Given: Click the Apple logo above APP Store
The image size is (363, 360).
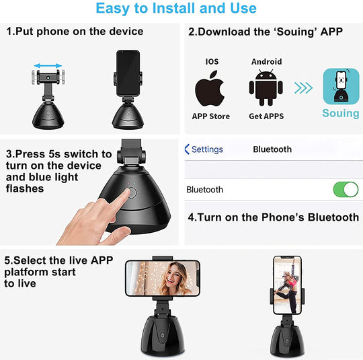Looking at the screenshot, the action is coord(210,88).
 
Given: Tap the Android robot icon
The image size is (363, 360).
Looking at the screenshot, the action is coord(266,87).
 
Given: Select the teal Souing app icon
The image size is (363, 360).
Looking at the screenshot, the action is coord(341,86).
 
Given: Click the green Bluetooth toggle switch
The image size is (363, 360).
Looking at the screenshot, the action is coord(346,189).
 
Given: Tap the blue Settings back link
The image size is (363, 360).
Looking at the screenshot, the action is coord(204,149).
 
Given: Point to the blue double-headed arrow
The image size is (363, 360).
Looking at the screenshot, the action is coord(48,66).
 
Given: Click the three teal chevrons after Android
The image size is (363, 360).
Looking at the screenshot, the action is coord(303,88).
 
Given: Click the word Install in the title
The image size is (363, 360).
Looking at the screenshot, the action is coord(173,8).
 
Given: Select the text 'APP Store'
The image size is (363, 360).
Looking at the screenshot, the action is coord(211,116).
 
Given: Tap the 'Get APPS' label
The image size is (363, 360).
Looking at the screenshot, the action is coord(266,116).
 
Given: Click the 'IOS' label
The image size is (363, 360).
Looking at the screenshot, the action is coord(212,61).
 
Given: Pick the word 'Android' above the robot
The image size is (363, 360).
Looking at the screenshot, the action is coord(267,62).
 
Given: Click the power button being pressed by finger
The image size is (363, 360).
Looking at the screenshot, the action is coord(132,193).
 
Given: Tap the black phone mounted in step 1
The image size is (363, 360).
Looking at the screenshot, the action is coord(128,73).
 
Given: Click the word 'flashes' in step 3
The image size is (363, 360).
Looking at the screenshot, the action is coord(25,188).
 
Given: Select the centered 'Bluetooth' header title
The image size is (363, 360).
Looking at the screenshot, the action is coord(272,149).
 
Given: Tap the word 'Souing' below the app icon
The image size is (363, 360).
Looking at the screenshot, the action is coord(341,113).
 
